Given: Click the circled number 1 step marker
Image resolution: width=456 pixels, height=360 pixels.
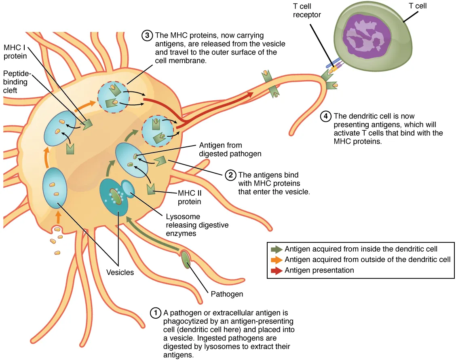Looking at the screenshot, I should (155, 313).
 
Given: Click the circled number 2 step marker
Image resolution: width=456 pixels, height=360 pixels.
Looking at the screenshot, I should (230, 175).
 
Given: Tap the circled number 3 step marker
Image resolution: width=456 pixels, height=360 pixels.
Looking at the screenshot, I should (147, 36).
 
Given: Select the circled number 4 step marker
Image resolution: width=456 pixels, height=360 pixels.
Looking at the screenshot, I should (326, 116).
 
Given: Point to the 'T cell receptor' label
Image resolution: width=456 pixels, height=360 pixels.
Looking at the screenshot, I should (307, 11).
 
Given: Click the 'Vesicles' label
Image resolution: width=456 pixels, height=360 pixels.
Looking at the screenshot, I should (120, 272).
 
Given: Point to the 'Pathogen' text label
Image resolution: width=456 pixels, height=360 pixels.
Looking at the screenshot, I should (227, 294).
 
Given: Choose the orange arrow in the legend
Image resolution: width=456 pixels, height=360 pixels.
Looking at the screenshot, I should (277, 260).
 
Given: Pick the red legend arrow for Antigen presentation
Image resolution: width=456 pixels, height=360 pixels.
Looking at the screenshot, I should (277, 271).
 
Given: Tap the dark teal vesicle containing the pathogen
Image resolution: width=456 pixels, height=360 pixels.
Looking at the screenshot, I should (114, 199).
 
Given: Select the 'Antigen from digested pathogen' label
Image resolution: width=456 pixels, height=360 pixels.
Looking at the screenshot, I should (230, 149).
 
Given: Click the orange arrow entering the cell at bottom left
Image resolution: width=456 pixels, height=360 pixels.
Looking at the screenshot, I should (59, 218).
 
